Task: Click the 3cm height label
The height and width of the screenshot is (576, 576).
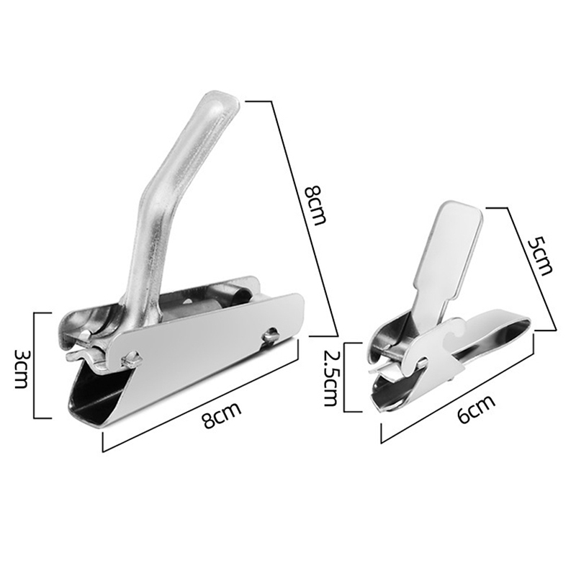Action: click(x=20, y=369)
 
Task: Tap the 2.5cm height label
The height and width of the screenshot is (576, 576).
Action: click(x=330, y=377)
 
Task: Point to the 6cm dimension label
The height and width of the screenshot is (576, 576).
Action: click(x=476, y=409)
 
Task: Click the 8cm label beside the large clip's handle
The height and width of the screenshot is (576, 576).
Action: click(x=315, y=205)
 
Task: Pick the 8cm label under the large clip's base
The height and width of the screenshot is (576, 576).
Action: click(x=222, y=415)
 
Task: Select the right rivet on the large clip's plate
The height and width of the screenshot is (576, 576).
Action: click(x=271, y=334)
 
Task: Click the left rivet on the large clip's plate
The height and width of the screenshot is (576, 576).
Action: click(x=131, y=358)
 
